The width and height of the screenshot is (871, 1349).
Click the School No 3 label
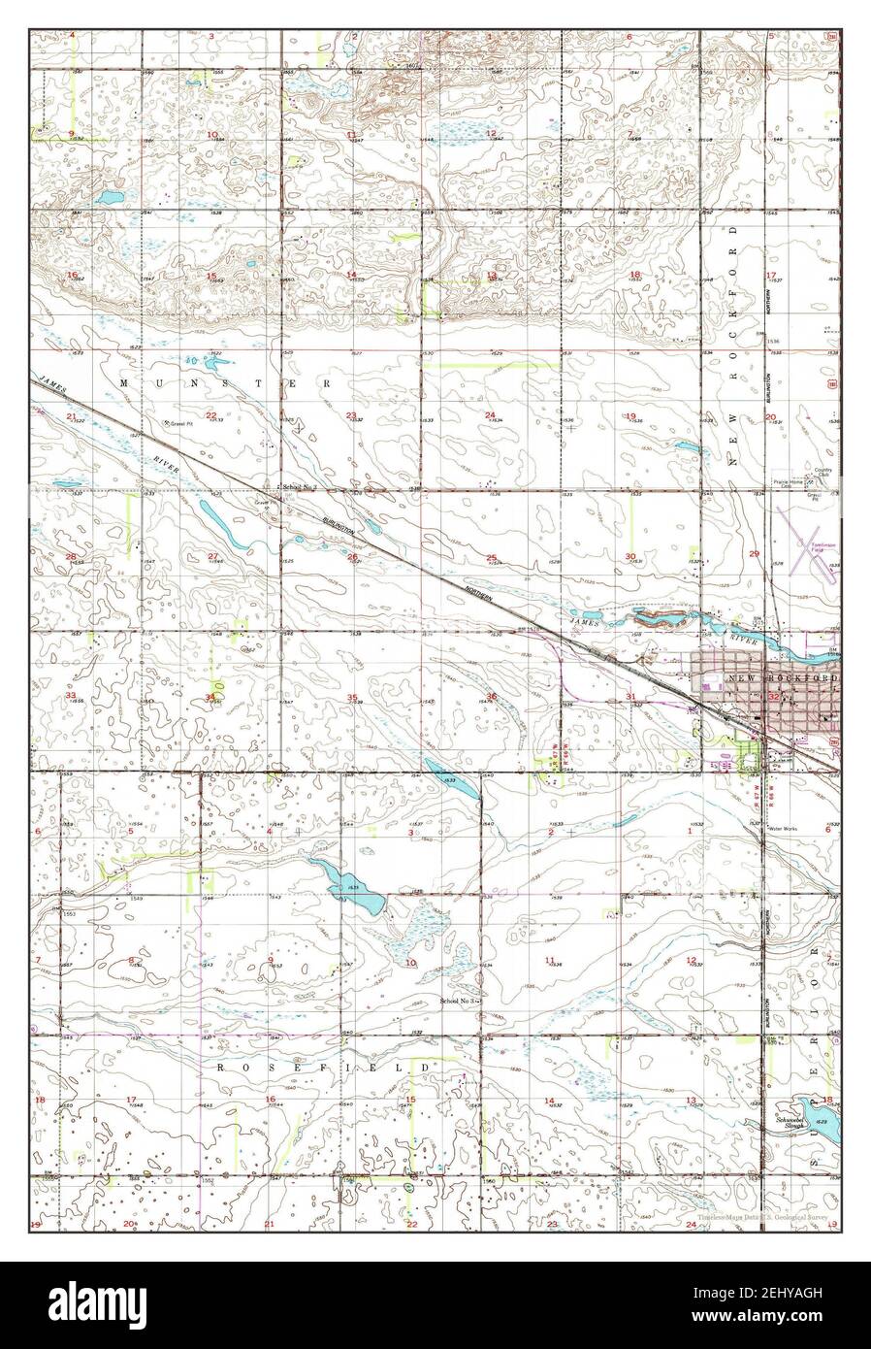pos(460,1000)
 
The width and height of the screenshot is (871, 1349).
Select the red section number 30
pos(630,556)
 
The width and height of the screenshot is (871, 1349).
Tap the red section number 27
pos(212,556)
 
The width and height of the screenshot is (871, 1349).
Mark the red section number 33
pos(71,696)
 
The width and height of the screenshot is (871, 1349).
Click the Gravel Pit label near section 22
pos(178,423)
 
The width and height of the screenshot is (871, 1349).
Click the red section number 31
pos(630,697)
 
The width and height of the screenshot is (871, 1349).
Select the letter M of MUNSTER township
pos(122,384)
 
